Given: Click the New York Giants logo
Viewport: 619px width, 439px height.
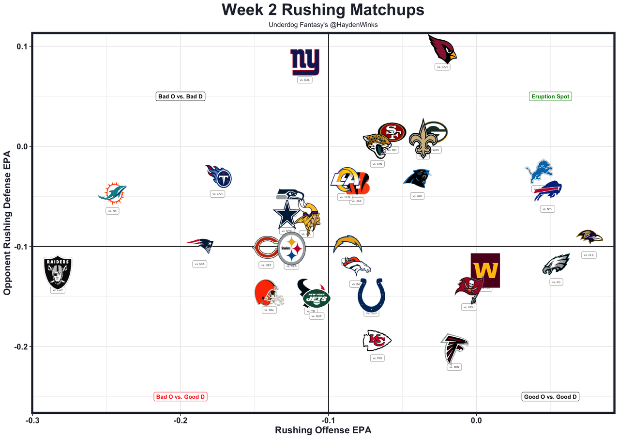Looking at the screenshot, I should click(305, 62).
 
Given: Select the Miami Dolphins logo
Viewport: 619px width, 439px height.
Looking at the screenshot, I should click(112, 193).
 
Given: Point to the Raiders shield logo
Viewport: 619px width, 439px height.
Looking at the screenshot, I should click(58, 273).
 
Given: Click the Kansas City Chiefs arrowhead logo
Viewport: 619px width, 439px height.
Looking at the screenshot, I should click(377, 341).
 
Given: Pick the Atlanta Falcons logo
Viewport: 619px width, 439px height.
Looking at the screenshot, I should click(454, 348).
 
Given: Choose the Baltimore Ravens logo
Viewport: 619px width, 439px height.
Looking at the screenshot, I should click(589, 237).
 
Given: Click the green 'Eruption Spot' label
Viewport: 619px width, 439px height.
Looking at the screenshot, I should click(550, 96).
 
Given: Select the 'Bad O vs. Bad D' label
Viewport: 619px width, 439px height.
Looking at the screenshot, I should click(181, 96).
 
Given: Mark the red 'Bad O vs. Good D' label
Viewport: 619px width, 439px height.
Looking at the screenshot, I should click(181, 397).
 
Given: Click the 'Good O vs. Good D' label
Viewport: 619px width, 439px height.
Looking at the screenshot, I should click(550, 397).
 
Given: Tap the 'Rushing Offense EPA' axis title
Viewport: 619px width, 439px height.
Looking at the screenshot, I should click(323, 430).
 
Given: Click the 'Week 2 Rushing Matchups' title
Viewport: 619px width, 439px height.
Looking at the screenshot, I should click(323, 10).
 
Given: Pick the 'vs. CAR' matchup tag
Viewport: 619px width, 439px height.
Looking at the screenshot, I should click(442, 67).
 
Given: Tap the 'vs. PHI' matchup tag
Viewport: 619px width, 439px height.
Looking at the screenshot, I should click(377, 358).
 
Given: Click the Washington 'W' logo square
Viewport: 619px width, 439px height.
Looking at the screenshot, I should click(485, 270).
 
